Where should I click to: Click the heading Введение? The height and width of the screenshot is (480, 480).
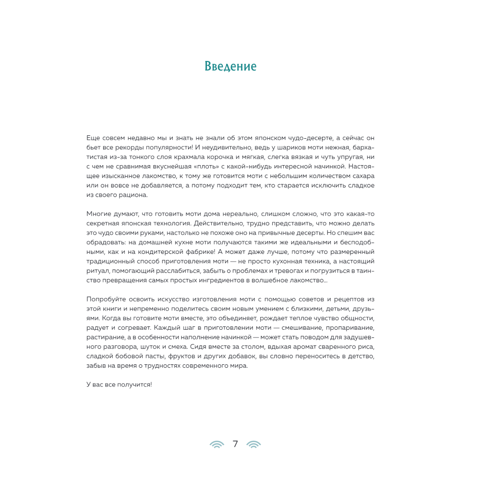pyautogui.click(x=230, y=66)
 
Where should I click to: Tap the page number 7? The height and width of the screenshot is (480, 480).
pyautogui.click(x=235, y=444)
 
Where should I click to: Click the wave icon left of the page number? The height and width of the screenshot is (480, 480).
pyautogui.click(x=217, y=444)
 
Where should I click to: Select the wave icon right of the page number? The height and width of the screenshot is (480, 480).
pyautogui.click(x=253, y=444)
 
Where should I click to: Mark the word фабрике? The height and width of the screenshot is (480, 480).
pyautogui.click(x=198, y=252)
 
